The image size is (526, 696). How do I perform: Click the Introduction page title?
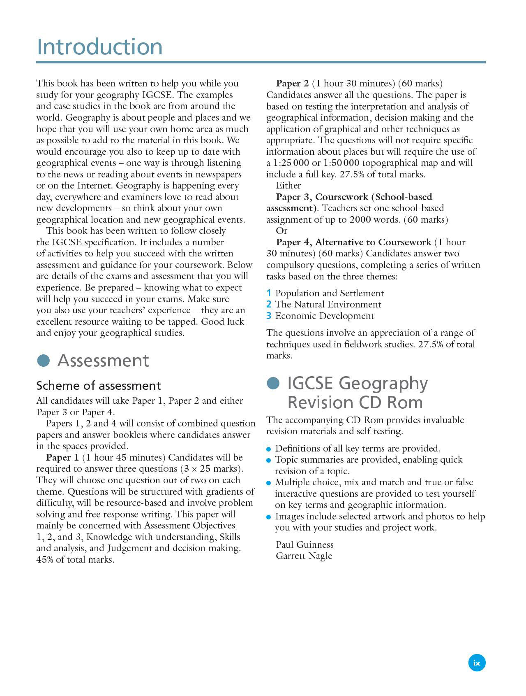pos(99,47)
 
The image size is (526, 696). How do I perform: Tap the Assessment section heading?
pos(103,361)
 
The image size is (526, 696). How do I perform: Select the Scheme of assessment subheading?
pos(98,386)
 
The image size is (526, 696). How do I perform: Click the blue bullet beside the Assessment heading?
pos(43,361)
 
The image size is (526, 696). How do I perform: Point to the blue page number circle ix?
pos(477,663)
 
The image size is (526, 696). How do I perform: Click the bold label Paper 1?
pos(62,458)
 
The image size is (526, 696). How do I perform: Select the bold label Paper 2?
pos(292,84)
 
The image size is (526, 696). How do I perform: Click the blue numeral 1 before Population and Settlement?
pos(269,293)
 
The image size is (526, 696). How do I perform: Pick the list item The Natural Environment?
pos(328,305)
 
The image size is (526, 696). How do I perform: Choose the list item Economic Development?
pos(325,316)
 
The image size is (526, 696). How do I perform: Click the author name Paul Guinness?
pos(305,545)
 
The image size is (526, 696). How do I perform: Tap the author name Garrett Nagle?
pos(304,556)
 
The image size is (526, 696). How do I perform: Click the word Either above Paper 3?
pos(288,186)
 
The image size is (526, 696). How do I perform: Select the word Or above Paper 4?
pos(282,231)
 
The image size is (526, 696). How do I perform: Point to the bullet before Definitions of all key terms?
pos(269,449)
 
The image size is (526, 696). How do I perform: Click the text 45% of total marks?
pos(75,560)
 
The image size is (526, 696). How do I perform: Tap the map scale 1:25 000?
pos(291,163)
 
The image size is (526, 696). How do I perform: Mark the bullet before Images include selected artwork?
pos(269,517)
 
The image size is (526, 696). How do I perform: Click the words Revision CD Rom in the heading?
pos(355,402)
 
